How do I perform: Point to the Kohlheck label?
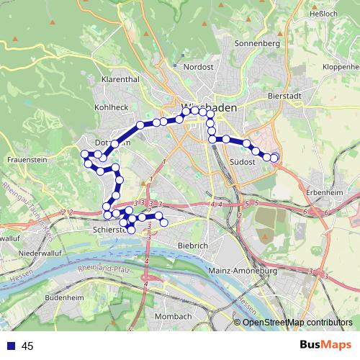point(111,107)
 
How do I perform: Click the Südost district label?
point(243,163)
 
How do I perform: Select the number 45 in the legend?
point(27,346)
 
